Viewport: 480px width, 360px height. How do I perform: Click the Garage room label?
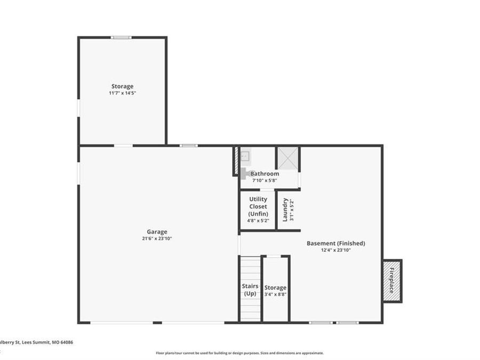(x=157, y=231)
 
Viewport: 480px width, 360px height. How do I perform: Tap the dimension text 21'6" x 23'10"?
(x=157, y=238)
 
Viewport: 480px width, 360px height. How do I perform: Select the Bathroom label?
(x=265, y=173)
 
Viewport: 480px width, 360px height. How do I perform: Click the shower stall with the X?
(x=287, y=158)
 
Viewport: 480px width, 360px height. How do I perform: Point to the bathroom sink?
(x=245, y=156)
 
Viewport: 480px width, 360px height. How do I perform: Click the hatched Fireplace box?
(x=392, y=281)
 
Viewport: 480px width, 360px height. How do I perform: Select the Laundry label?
(x=286, y=210)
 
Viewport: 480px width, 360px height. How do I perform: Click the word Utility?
(x=258, y=199)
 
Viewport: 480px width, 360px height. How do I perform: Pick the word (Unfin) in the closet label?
(x=258, y=213)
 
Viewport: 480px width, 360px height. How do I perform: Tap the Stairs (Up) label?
(x=250, y=290)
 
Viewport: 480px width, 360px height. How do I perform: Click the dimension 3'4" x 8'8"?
(x=275, y=294)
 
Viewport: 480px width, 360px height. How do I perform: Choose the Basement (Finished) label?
(x=335, y=243)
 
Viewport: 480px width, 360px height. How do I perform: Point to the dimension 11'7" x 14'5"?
(x=122, y=93)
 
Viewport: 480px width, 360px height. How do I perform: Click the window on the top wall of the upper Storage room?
(x=121, y=37)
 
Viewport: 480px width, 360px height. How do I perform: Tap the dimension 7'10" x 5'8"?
(x=265, y=180)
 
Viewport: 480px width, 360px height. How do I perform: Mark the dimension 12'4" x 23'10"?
(x=335, y=250)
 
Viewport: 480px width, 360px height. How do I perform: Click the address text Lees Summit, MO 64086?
(x=45, y=342)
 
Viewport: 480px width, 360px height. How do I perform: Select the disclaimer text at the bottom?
(x=239, y=353)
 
